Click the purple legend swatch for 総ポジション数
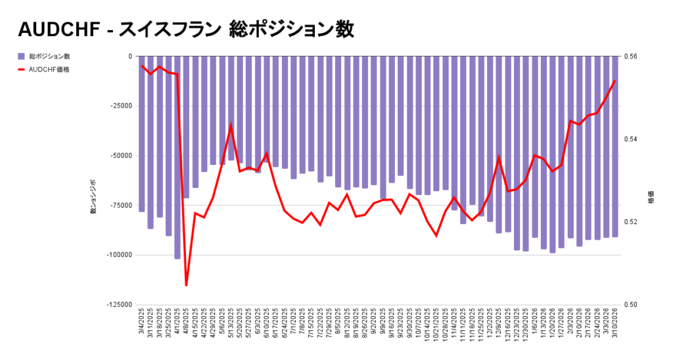pyautogui.click(x=21, y=56)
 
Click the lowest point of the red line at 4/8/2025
pyautogui.click(x=187, y=285)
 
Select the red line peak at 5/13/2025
pyautogui.click(x=231, y=124)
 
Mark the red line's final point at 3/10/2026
pyautogui.click(x=615, y=81)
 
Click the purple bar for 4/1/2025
pyautogui.click(x=177, y=158)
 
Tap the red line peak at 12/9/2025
pyautogui.click(x=499, y=157)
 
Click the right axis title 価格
pyautogui.click(x=651, y=197)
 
